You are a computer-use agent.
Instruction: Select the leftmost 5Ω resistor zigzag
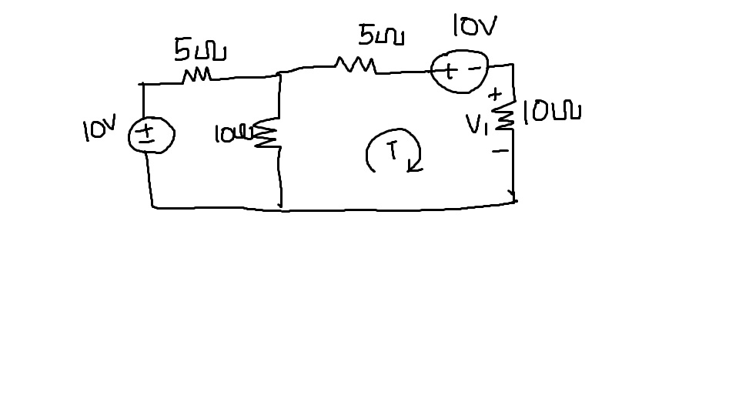click(197, 75)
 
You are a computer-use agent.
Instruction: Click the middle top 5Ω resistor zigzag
click(355, 66)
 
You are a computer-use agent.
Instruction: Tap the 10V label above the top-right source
click(474, 28)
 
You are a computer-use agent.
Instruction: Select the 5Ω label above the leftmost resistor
click(199, 51)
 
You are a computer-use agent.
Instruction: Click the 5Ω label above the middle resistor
click(381, 35)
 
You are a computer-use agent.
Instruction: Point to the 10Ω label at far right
click(552, 112)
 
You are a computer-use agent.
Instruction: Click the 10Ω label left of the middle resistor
click(232, 135)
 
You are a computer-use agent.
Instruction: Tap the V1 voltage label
click(477, 124)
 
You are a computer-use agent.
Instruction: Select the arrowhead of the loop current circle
click(415, 166)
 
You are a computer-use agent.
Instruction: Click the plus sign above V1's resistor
click(497, 94)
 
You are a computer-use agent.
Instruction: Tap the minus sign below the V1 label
click(500, 151)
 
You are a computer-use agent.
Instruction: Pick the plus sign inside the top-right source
click(450, 72)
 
